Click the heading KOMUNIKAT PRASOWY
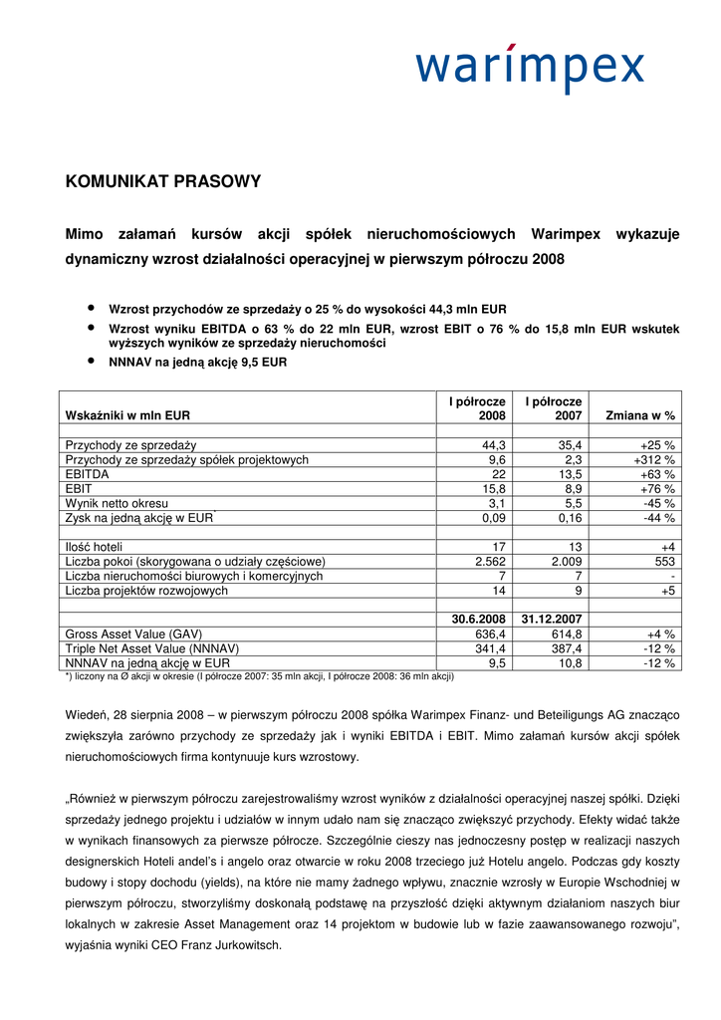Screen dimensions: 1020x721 pyautogui.click(x=163, y=181)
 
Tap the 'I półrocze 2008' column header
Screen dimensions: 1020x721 pyautogui.click(x=477, y=408)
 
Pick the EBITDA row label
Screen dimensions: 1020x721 pyautogui.click(x=88, y=474)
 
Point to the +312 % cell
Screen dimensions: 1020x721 pyautogui.click(x=654, y=459)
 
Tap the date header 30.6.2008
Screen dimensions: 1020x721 pyautogui.click(x=477, y=619)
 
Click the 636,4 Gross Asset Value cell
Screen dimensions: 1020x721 pyautogui.click(x=488, y=634)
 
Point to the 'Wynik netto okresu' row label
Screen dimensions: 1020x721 pyautogui.click(x=117, y=503)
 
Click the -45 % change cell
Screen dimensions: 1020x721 pyautogui.click(x=658, y=503)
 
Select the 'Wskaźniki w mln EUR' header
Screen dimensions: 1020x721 pyautogui.click(x=127, y=415)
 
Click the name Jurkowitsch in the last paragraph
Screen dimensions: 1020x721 pyautogui.click(x=247, y=946)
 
